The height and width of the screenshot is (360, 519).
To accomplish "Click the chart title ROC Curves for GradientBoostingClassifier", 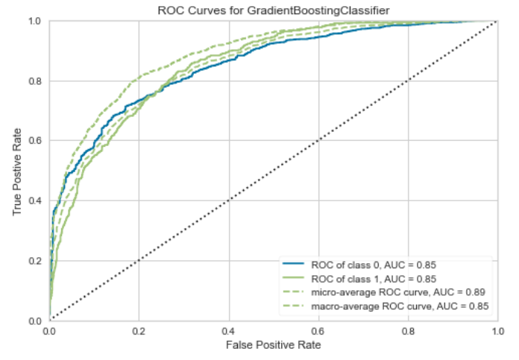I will coord(272,9).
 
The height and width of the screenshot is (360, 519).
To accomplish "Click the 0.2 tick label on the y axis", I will coord(36,261).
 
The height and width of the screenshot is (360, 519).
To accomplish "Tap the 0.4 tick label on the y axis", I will coord(36,200).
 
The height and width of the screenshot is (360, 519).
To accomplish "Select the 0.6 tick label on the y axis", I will coord(36,141).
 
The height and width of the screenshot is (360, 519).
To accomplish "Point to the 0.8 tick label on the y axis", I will coord(36,80).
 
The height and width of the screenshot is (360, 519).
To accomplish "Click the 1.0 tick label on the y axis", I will coord(36,21).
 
